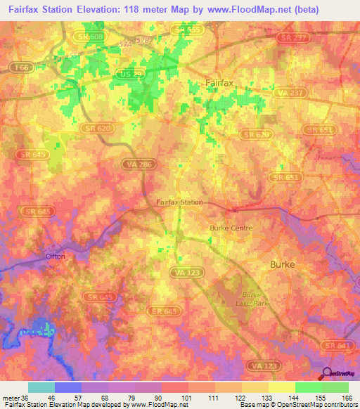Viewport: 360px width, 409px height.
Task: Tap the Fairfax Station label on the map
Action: tap(179, 202)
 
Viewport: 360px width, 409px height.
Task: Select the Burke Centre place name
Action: tap(231, 228)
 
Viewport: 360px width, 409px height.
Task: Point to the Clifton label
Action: tap(55, 257)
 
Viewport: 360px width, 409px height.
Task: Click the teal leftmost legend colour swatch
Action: tap(41, 387)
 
